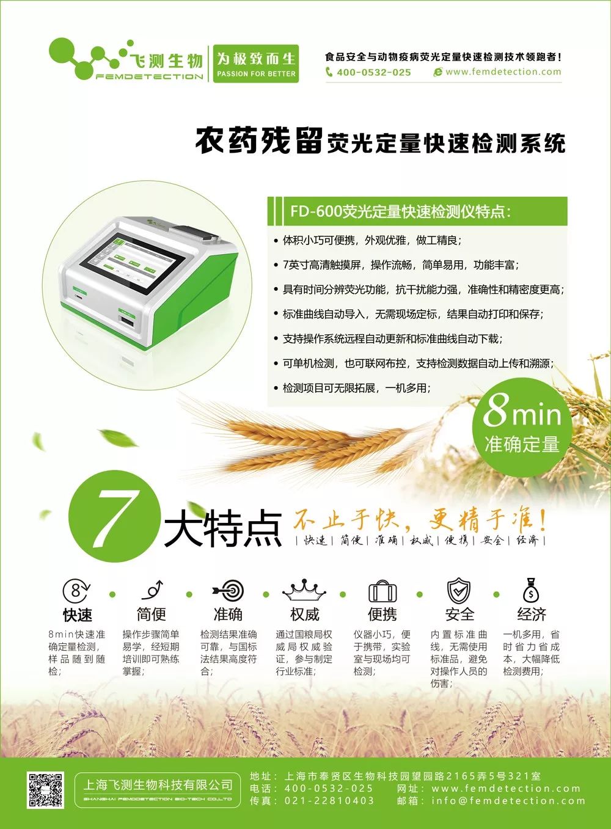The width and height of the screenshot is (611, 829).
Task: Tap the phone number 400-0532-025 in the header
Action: [x=373, y=72]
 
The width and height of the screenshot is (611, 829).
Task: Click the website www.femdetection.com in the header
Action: [x=503, y=72]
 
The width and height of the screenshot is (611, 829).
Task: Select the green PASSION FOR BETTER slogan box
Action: [x=256, y=64]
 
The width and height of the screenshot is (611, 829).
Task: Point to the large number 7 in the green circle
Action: [x=114, y=514]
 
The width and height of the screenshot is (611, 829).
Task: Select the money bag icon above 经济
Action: [x=531, y=590]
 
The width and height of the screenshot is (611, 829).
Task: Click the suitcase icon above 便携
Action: [x=382, y=591]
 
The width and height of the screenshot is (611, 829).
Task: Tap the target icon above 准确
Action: [x=229, y=591]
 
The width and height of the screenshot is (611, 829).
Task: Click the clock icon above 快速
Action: [x=76, y=591]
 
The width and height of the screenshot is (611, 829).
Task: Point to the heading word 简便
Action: [x=152, y=614]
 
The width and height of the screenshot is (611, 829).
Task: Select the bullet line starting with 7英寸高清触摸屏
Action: [x=400, y=265]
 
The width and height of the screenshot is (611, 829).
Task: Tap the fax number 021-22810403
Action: [x=329, y=801]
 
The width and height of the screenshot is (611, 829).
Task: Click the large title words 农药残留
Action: [x=258, y=141]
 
